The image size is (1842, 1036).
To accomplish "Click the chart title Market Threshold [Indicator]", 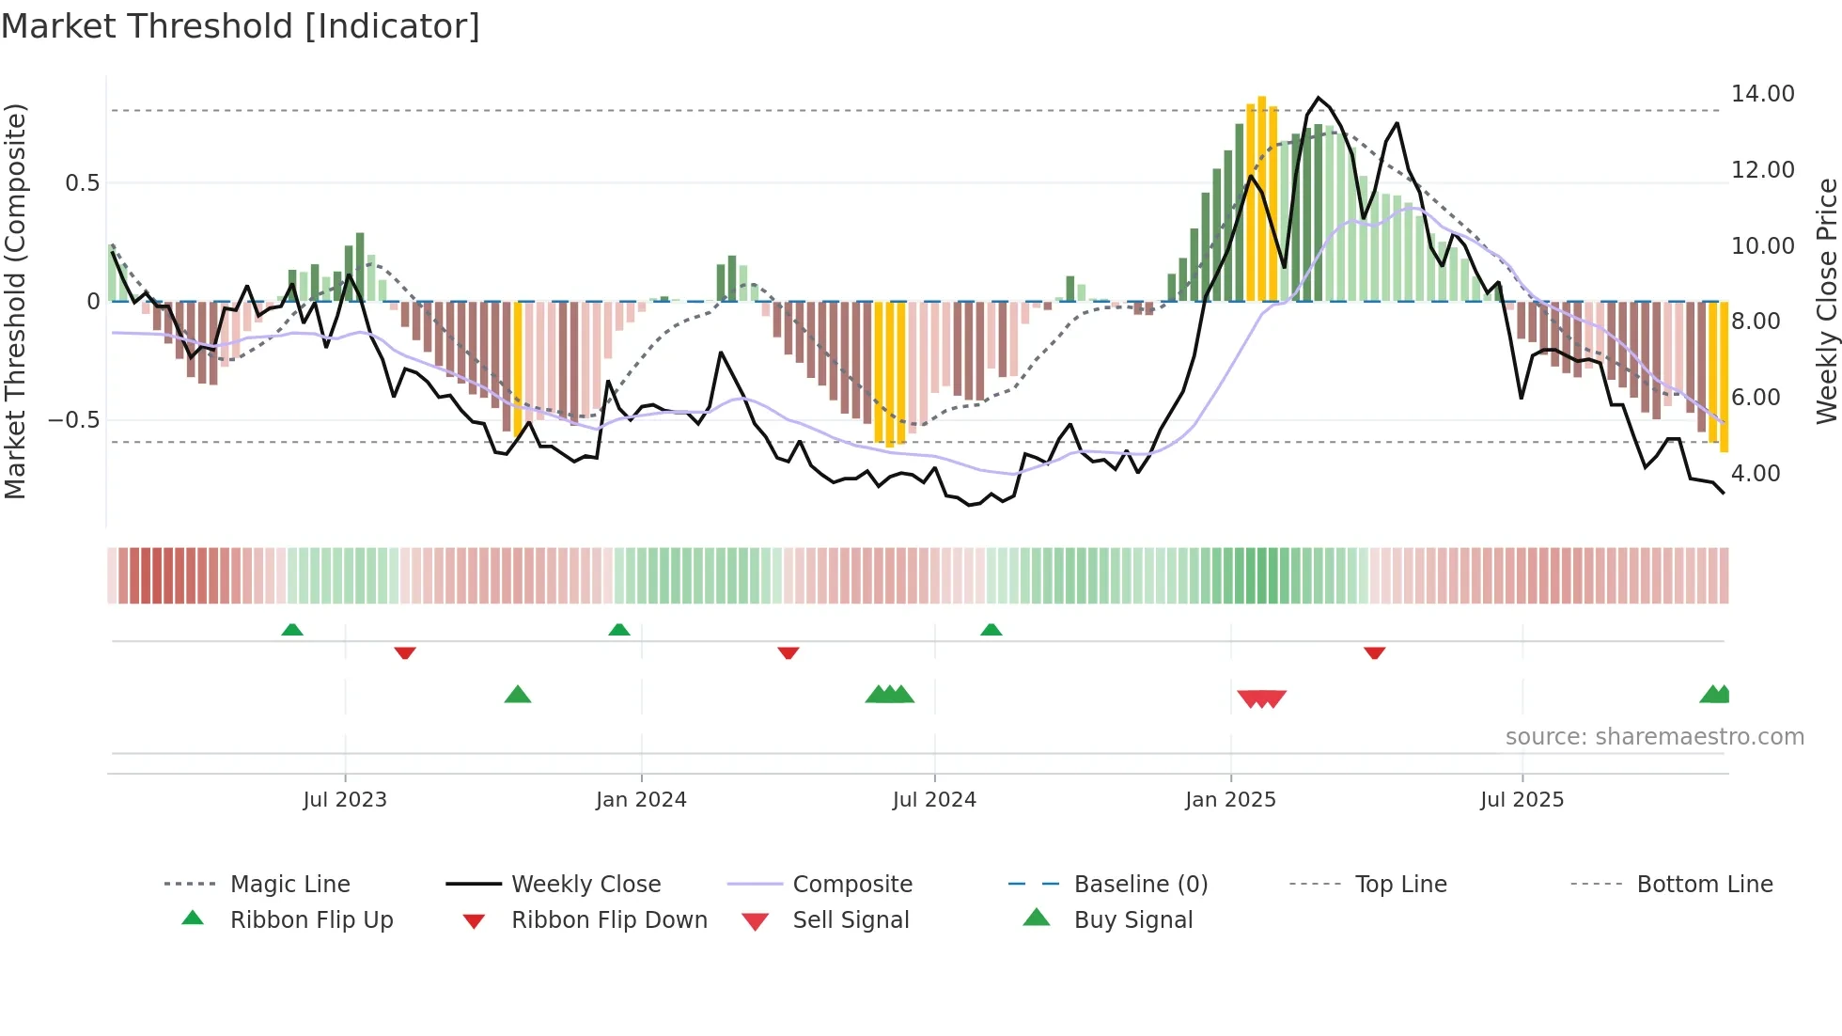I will coord(241,26).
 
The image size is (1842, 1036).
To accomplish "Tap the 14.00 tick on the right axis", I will coord(1762,94).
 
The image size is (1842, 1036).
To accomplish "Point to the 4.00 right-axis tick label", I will coord(1756,474).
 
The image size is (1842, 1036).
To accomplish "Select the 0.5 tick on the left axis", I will coord(82,183).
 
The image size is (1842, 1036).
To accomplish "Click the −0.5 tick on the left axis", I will coord(74,420).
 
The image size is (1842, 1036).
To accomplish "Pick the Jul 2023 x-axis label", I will coord(345,800).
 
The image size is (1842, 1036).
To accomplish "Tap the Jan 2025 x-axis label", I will coord(1230,800).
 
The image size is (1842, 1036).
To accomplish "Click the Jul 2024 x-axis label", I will coord(934,800).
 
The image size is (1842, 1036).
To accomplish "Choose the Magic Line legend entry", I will coord(289,885).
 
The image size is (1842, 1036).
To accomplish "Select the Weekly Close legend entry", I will coord(585,885).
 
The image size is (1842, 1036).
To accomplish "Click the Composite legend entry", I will coord(852,885).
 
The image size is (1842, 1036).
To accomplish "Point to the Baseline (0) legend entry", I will coord(1140,885).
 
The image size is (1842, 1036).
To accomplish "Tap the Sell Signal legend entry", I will coord(851,920).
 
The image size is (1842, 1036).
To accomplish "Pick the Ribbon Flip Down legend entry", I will coord(609,920).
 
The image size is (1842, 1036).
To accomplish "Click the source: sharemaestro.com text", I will coord(1654,737).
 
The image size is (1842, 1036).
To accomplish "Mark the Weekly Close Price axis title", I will coord(1826,301).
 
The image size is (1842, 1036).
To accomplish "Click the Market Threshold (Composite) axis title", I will coord(15,301).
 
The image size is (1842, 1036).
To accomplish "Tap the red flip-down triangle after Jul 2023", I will coord(405,652).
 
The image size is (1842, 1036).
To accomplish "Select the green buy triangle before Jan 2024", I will coord(518,695).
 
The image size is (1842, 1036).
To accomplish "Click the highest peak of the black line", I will coord(1319,98).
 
